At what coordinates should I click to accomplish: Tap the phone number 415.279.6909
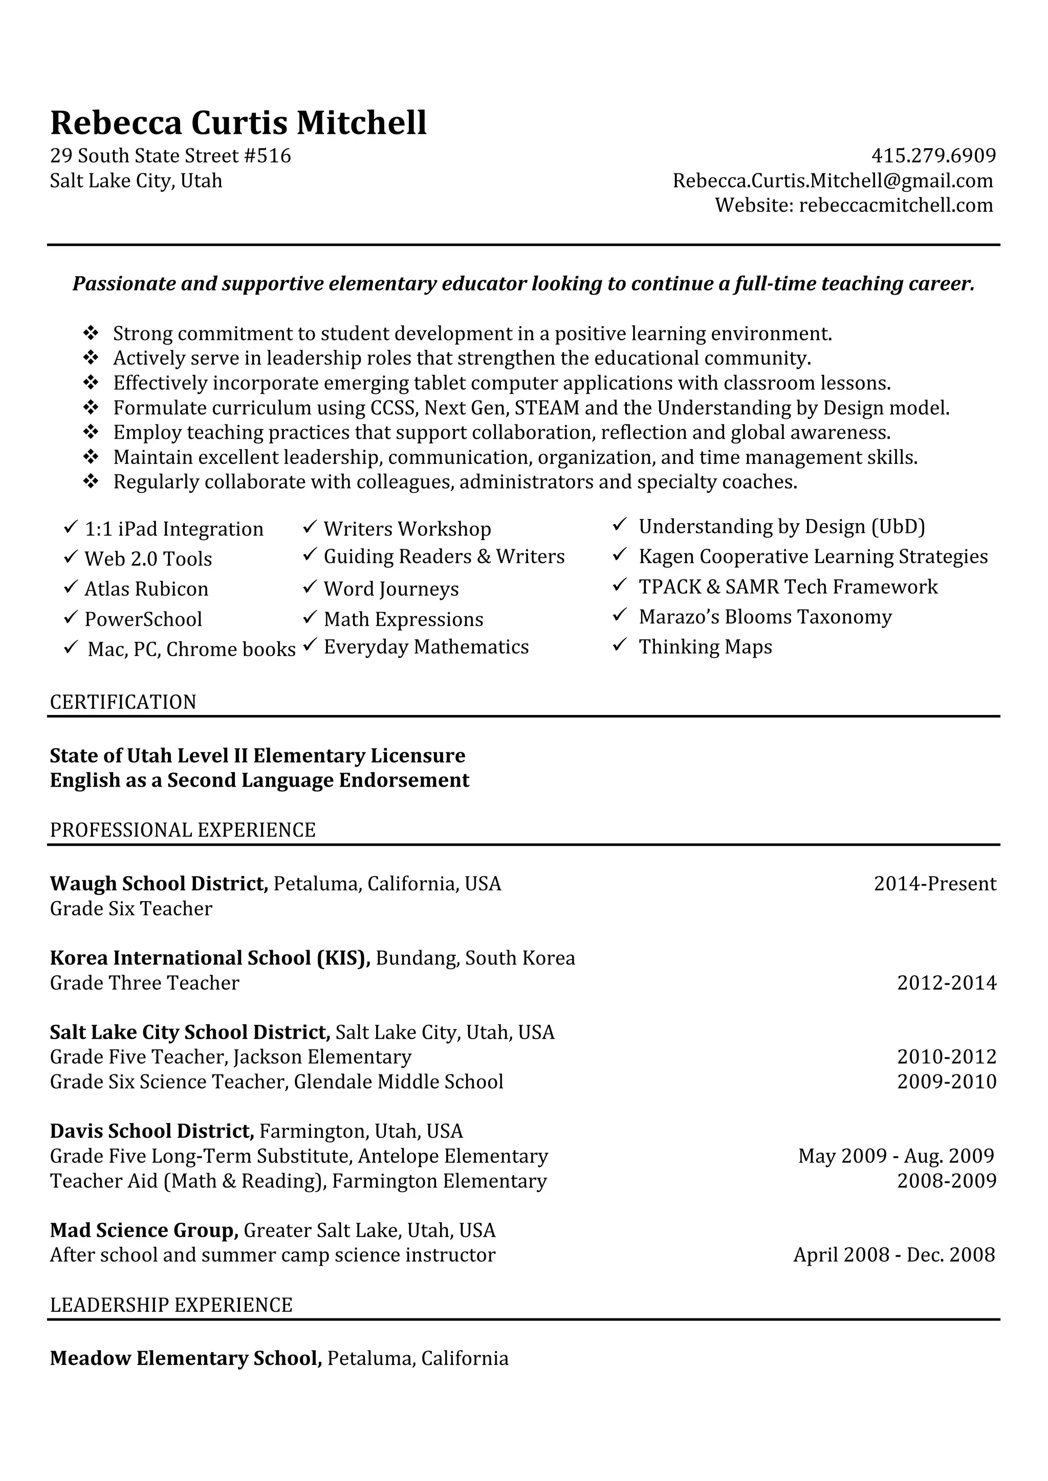pyautogui.click(x=933, y=155)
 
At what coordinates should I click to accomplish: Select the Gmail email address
pyautogui.click(x=833, y=181)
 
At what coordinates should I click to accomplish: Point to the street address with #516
pyautogui.click(x=170, y=155)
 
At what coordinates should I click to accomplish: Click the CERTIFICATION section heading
pyautogui.click(x=123, y=702)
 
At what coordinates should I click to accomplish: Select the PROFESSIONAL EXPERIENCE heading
pyautogui.click(x=183, y=829)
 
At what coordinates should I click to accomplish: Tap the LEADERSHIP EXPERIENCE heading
pyautogui.click(x=171, y=1305)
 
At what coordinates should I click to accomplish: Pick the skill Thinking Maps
pyautogui.click(x=705, y=646)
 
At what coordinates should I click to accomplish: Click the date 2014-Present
pyautogui.click(x=934, y=883)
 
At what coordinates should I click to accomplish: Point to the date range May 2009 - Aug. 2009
pyautogui.click(x=896, y=1155)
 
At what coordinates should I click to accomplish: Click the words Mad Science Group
pyautogui.click(x=144, y=1230)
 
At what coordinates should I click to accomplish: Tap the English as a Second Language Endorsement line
pyautogui.click(x=259, y=780)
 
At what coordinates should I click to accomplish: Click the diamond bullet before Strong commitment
pyautogui.click(x=91, y=333)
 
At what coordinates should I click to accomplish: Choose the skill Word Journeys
pyautogui.click(x=391, y=588)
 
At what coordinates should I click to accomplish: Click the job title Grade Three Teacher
pyautogui.click(x=144, y=982)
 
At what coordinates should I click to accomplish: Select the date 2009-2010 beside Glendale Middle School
pyautogui.click(x=946, y=1081)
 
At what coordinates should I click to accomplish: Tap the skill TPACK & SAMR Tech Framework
pyautogui.click(x=788, y=587)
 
